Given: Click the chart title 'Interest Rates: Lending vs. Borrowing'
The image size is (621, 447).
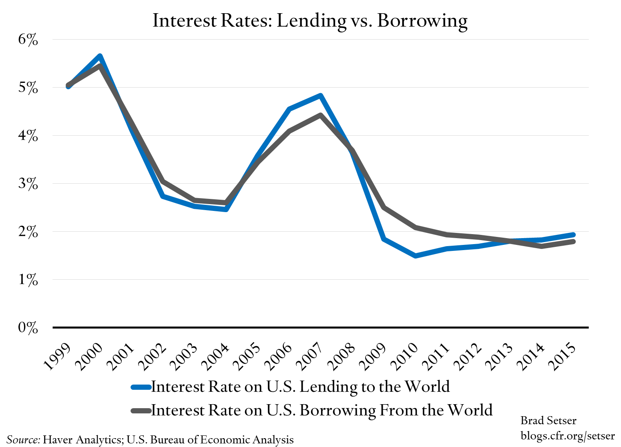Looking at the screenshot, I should pyautogui.click(x=310, y=20).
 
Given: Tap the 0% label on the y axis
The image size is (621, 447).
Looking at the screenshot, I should pyautogui.click(x=28, y=328).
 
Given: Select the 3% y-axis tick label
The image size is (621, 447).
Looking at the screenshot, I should pyautogui.click(x=28, y=184).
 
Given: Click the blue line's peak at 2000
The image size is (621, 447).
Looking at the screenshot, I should pyautogui.click(x=100, y=56).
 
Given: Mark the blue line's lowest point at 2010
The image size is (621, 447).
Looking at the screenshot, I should pyautogui.click(x=416, y=255).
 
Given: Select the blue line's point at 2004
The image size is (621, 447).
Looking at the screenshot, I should pyautogui.click(x=226, y=209).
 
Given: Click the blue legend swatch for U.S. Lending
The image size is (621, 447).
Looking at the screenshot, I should pyautogui.click(x=141, y=387).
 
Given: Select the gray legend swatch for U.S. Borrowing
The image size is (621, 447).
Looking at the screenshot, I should pyautogui.click(x=141, y=411).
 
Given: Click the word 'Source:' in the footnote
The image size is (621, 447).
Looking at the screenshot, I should pyautogui.click(x=23, y=439).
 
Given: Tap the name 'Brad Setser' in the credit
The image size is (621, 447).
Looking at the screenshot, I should pyautogui.click(x=548, y=421).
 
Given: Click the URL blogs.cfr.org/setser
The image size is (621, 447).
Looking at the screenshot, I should pyautogui.click(x=567, y=435).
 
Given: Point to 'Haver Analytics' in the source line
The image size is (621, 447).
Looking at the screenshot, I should pyautogui.click(x=82, y=439).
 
